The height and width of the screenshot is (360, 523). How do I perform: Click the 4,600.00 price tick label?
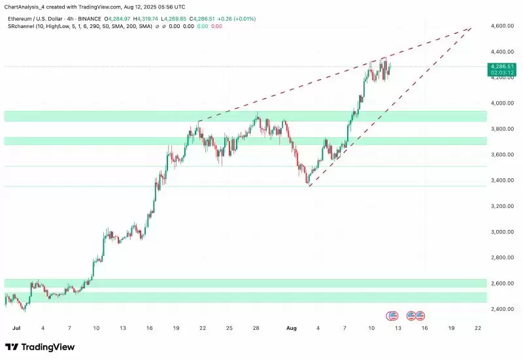[x=500, y=25]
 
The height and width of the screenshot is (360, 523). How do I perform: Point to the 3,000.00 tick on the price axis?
[x=500, y=232]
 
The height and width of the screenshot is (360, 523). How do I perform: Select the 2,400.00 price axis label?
[x=500, y=309]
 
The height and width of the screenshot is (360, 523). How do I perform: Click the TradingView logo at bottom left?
[x=40, y=347]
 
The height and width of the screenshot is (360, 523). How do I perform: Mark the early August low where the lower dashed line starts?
[x=309, y=186]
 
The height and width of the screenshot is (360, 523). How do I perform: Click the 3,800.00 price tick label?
[x=500, y=129]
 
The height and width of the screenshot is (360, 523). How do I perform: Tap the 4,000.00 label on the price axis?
[x=500, y=103]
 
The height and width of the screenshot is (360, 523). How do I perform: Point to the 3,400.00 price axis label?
[x=500, y=180]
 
